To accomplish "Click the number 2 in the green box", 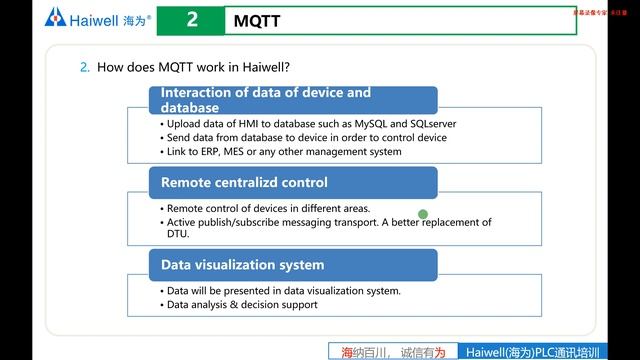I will point(191,20).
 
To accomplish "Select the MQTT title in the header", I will point(258,21).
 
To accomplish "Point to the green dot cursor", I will point(423,213).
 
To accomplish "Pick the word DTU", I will point(177,234).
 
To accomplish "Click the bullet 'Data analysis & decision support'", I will point(242,304).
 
